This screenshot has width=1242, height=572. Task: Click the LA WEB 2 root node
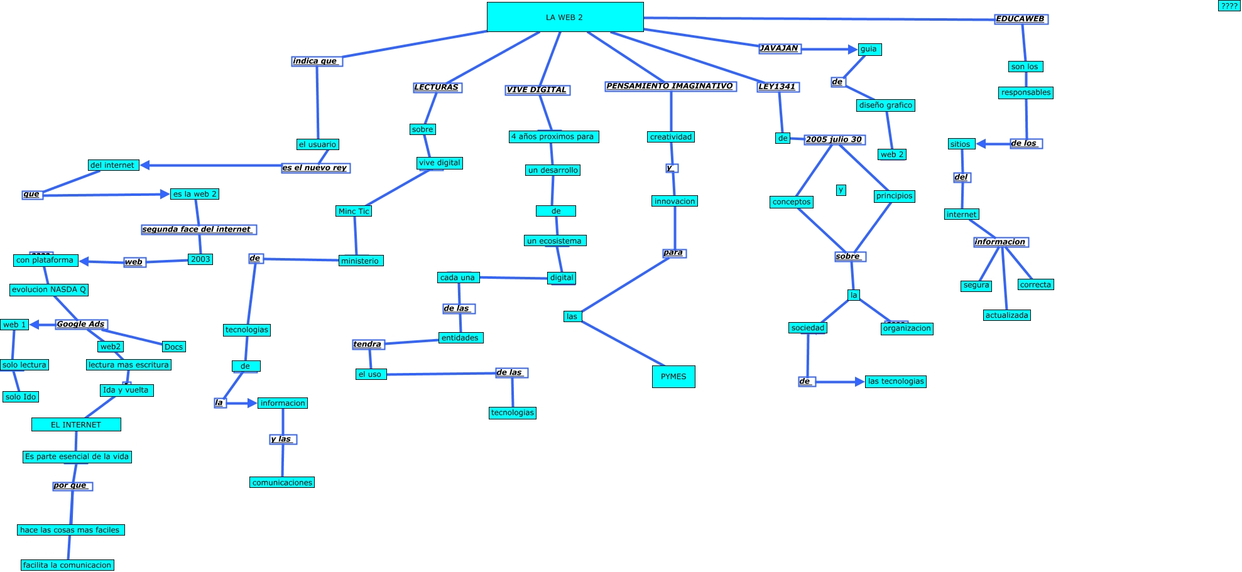(565, 17)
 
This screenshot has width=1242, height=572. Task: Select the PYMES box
(673, 377)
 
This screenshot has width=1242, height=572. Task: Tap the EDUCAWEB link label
(1021, 19)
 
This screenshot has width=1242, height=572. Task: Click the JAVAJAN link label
(779, 48)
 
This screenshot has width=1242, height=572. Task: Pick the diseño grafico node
(885, 105)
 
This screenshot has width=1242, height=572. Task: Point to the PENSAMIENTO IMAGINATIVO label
(670, 86)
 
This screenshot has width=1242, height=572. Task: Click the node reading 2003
(200, 259)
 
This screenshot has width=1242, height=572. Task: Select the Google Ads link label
(81, 325)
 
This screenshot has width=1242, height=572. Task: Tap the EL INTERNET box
(76, 425)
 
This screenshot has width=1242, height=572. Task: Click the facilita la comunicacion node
(67, 565)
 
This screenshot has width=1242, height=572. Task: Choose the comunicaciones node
(282, 483)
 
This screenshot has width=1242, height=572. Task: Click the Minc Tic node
(354, 212)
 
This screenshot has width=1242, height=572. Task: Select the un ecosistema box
(555, 241)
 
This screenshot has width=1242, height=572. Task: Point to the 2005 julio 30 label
(834, 139)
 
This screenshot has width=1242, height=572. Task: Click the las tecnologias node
(896, 381)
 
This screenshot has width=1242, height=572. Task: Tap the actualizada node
(1006, 315)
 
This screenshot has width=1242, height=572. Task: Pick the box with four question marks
(1229, 6)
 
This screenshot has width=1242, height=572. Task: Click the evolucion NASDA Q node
(49, 290)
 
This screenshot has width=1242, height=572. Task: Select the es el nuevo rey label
(315, 168)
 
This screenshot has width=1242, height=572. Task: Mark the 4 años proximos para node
(553, 137)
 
